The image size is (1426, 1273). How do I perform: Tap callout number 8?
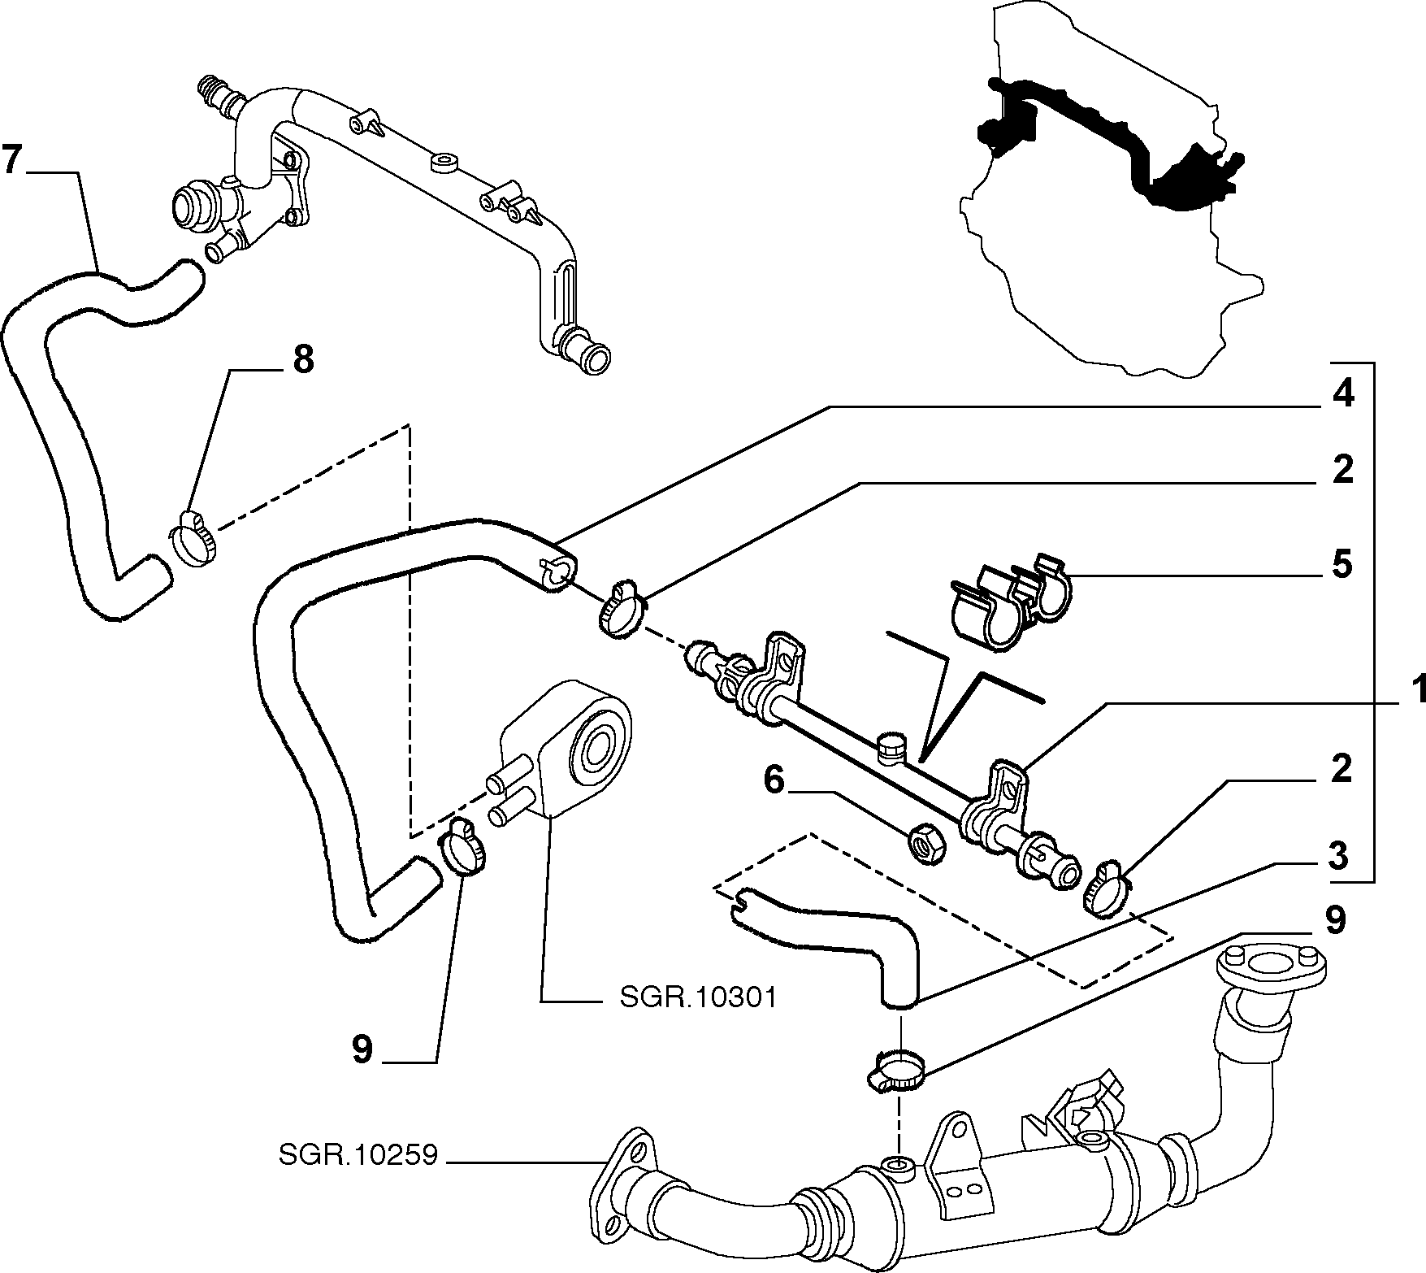click(301, 358)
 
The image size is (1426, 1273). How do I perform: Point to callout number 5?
click(1342, 564)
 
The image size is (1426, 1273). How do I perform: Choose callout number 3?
click(1338, 856)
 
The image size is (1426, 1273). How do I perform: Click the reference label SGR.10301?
click(698, 997)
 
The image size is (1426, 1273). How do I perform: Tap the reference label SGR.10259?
click(359, 1155)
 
